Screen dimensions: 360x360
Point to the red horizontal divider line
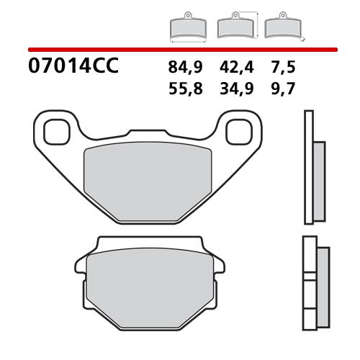pyautogui.click(x=180, y=50)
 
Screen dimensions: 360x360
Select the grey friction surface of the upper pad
pyautogui.click(x=149, y=176)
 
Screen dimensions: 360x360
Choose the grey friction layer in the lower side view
pyautogui.click(x=321, y=280)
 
